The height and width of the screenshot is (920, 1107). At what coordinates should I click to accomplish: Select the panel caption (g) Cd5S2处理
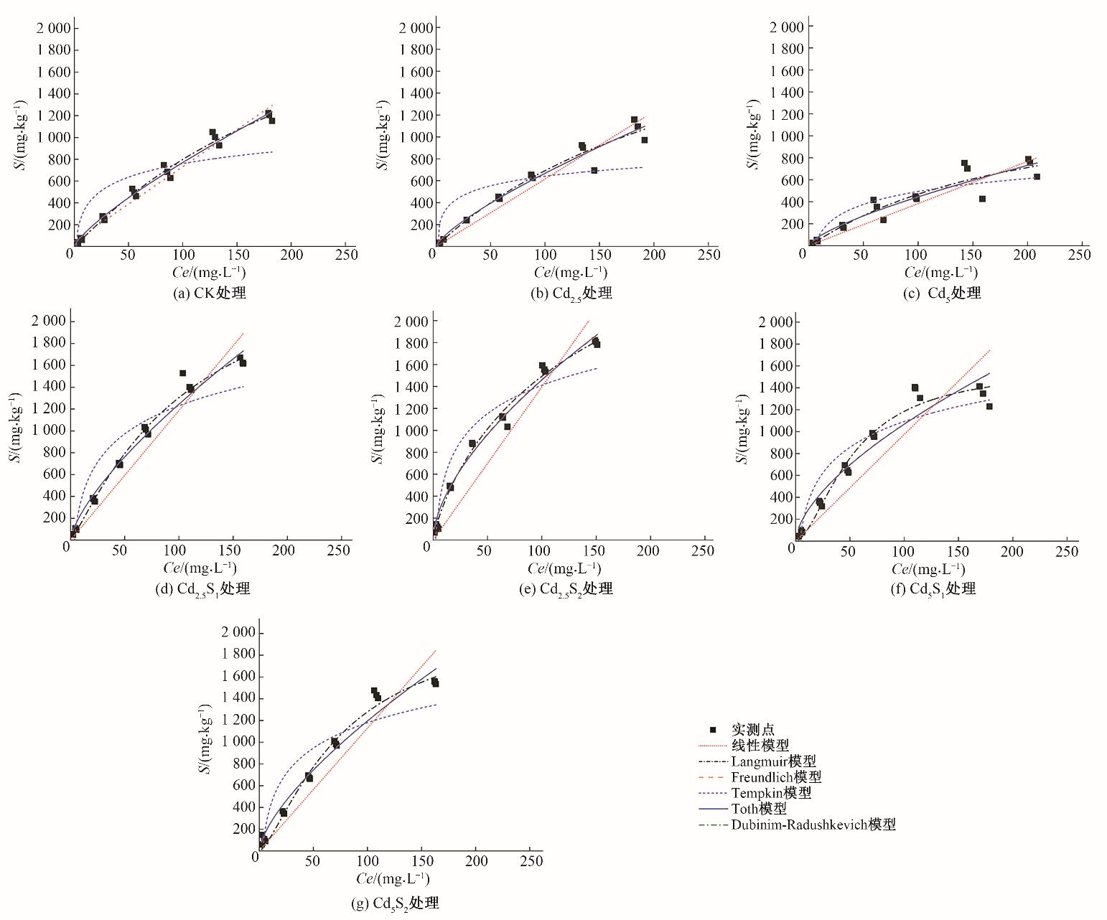395,903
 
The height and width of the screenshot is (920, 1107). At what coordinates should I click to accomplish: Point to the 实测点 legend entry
752,730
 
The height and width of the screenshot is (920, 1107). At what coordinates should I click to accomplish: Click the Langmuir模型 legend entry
773,761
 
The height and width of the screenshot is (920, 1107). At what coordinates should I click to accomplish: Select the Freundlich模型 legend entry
776,777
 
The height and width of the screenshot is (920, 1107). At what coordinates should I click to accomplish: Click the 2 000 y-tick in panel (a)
54,28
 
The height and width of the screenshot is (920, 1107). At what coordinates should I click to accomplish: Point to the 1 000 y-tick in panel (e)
413,431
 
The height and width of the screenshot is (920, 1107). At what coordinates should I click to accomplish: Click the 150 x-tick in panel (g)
422,860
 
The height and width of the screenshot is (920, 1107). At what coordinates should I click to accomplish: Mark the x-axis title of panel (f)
928,569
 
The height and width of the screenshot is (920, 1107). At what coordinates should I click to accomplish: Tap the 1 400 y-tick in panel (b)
417,93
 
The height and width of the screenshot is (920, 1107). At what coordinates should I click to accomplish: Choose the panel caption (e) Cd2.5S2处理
566,589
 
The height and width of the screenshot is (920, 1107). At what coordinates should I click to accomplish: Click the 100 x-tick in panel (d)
175,550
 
